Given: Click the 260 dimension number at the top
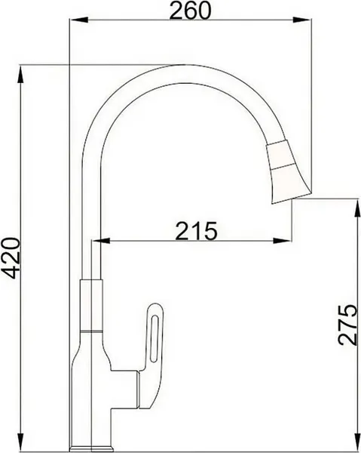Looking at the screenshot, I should pyautogui.click(x=189, y=11).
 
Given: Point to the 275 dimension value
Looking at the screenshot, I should pyautogui.click(x=346, y=325).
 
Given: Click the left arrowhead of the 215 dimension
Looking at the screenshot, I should pyautogui.click(x=97, y=242).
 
